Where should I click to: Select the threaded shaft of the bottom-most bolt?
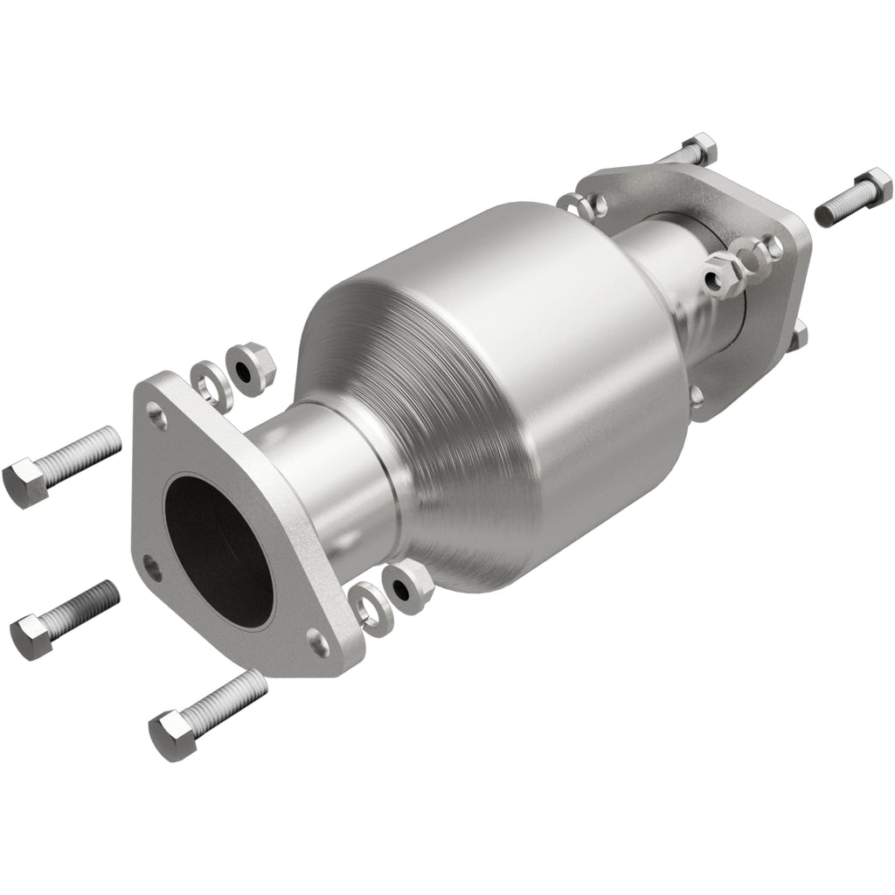pyautogui.click(x=222, y=699)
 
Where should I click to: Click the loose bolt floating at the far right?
pyautogui.click(x=853, y=198)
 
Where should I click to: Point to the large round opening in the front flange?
pyautogui.click(x=219, y=552)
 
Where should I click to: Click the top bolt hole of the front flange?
pyautogui.click(x=157, y=415)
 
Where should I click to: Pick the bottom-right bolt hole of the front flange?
pyautogui.click(x=320, y=644)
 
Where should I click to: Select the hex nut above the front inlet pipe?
pyautogui.click(x=250, y=368)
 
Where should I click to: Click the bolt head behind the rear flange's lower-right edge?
pyautogui.click(x=799, y=336)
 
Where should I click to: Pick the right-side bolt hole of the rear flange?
pyautogui.click(x=774, y=247)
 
